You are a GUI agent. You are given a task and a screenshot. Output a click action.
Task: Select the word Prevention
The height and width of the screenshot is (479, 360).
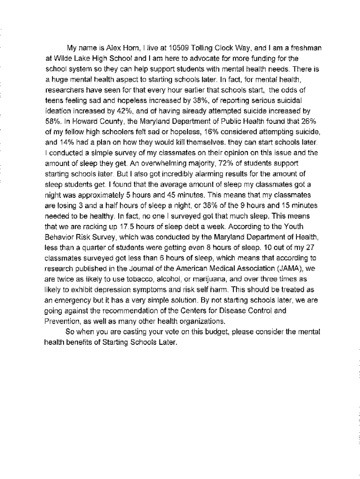(63, 321)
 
